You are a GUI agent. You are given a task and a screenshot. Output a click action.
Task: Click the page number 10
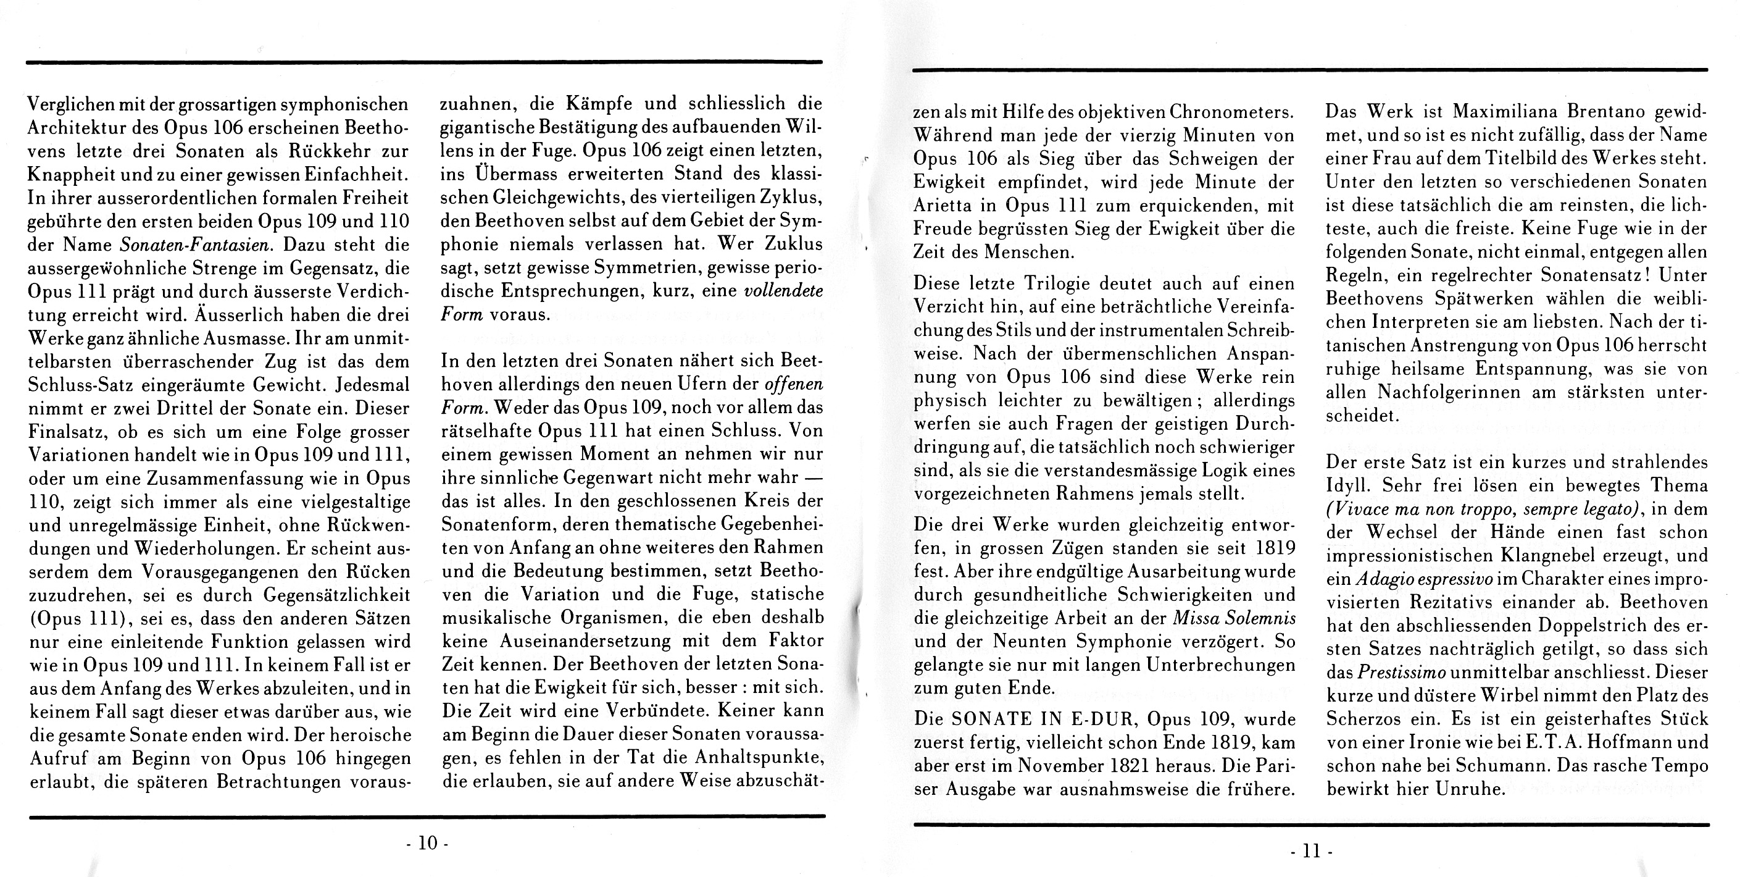(428, 842)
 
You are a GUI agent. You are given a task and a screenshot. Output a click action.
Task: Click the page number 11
(1310, 850)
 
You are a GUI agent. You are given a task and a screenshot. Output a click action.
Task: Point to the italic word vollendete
(783, 292)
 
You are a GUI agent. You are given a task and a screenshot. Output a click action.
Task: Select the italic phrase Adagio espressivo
(1410, 579)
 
